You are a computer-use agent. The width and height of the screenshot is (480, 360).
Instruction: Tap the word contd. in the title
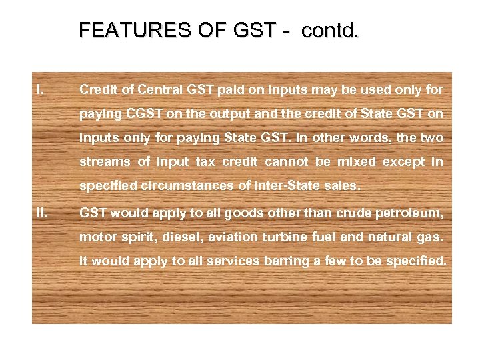(x=329, y=31)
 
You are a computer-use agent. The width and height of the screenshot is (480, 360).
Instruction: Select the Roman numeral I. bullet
(x=41, y=89)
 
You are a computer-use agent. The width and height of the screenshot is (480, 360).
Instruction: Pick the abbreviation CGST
(x=141, y=114)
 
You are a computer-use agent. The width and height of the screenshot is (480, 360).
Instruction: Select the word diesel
(x=184, y=237)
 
